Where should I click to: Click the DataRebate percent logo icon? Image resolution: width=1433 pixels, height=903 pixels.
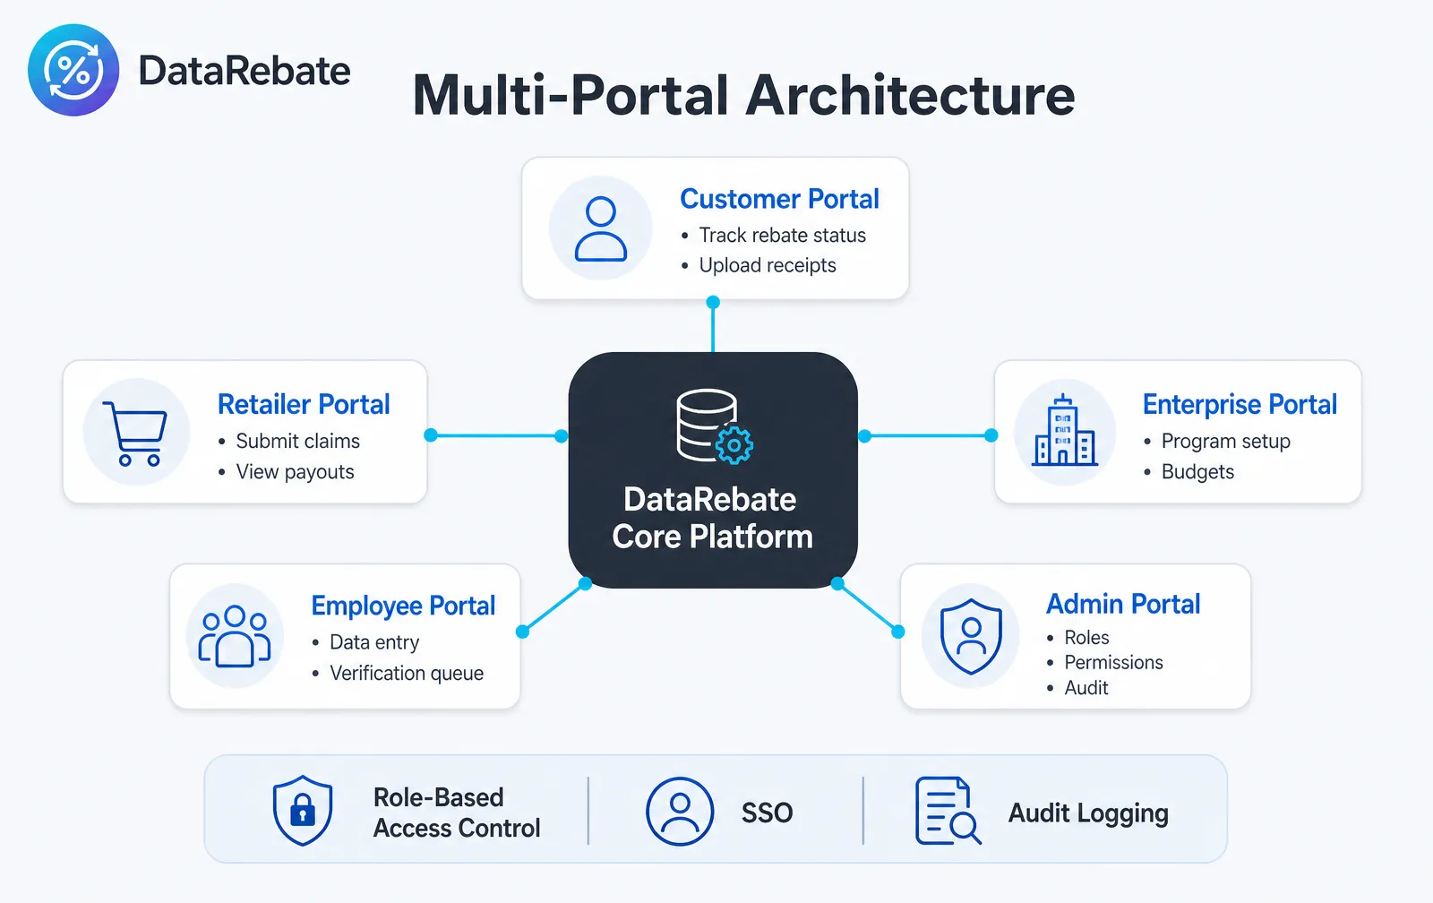[x=73, y=70]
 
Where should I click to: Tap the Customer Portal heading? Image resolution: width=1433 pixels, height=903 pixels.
[x=779, y=199]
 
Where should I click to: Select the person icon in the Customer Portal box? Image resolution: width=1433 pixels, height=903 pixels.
[x=600, y=228]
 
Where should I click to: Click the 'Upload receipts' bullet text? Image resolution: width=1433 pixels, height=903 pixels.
[x=767, y=265]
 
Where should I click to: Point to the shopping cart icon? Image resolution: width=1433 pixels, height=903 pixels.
[x=136, y=433]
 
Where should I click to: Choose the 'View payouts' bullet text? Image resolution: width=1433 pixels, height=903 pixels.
[x=295, y=472]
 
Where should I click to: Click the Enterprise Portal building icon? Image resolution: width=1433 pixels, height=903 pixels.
[x=1065, y=430]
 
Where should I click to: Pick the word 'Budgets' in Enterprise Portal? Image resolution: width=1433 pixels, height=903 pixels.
[x=1197, y=472]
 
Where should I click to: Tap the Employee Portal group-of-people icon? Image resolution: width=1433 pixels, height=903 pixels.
[x=235, y=636]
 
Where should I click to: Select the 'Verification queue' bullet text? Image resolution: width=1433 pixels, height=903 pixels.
[x=407, y=674]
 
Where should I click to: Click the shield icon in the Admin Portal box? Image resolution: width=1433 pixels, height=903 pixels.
[x=971, y=636]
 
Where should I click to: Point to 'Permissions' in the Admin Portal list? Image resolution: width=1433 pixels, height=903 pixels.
[x=1113, y=662]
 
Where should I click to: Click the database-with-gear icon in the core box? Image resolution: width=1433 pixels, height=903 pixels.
[x=714, y=426]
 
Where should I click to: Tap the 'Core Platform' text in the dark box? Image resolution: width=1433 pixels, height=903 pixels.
[x=712, y=537]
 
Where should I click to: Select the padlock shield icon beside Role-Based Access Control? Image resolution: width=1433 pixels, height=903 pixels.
[x=303, y=810]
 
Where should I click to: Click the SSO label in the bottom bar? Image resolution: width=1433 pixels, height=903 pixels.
[x=767, y=813]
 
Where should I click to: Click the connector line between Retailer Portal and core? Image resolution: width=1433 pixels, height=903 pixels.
[x=496, y=435]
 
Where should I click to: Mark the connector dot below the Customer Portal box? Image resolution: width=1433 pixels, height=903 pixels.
[x=713, y=302]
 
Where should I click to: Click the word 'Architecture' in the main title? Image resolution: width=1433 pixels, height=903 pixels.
[x=910, y=95]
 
